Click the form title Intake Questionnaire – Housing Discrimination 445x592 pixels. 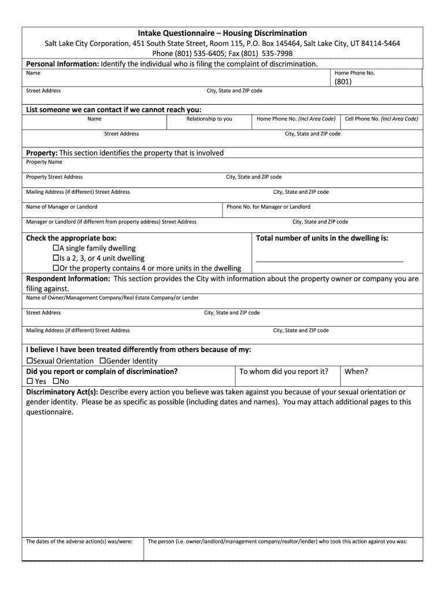click(x=222, y=33)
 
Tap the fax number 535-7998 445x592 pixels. click(x=276, y=53)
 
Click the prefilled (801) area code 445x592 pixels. click(x=342, y=82)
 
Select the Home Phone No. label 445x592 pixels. click(x=354, y=73)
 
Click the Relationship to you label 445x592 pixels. click(x=209, y=119)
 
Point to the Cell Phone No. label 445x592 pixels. click(x=381, y=119)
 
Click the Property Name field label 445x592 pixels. click(x=44, y=162)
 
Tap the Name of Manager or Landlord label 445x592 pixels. click(x=62, y=206)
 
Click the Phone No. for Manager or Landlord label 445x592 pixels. click(x=268, y=206)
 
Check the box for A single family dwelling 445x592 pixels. click(x=56, y=248)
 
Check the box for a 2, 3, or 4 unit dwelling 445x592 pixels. click(x=56, y=258)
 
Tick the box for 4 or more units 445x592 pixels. click(x=56, y=268)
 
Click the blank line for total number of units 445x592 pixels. click(x=329, y=261)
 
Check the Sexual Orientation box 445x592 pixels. click(x=29, y=361)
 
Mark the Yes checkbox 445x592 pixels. click(x=29, y=382)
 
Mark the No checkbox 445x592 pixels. click(x=56, y=382)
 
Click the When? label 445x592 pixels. click(x=356, y=372)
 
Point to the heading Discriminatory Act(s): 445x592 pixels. click(x=62, y=391)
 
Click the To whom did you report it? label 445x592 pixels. click(x=284, y=372)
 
